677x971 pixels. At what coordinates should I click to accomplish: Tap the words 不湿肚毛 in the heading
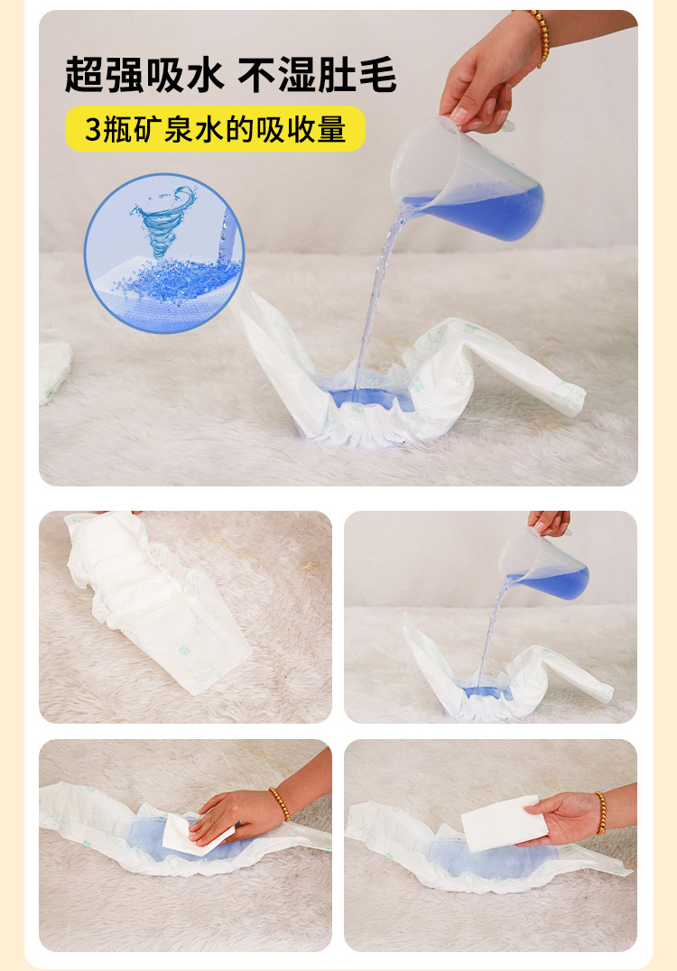coord(317,73)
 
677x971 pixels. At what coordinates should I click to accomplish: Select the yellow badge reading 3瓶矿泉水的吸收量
coord(215,129)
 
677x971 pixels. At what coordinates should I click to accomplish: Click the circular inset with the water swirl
coord(163,253)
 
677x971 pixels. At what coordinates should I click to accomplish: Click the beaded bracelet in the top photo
coord(539,36)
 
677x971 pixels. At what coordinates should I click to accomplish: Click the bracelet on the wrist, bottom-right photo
coord(599,812)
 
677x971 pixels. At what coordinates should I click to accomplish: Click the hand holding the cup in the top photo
coord(487,77)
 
